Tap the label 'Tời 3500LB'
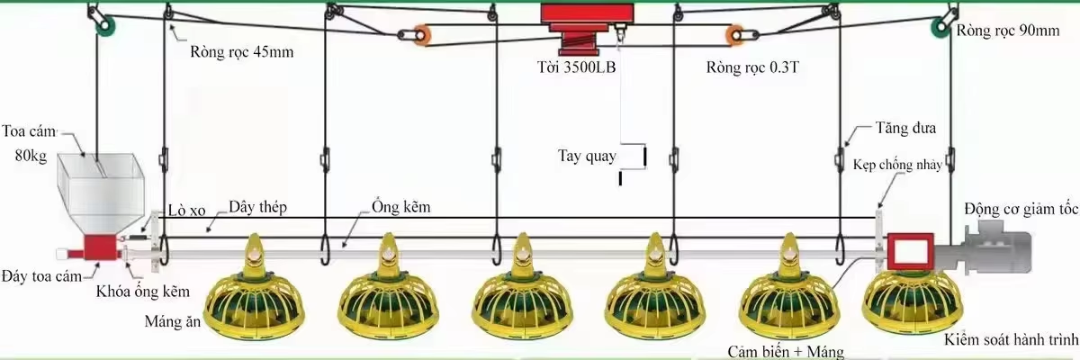click(x=576, y=67)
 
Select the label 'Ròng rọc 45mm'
click(x=241, y=51)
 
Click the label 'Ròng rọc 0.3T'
click(x=752, y=67)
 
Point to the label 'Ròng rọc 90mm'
click(x=1008, y=31)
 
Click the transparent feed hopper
click(x=101, y=193)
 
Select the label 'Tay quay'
click(x=587, y=156)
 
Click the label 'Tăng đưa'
click(x=905, y=128)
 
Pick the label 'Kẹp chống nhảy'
click(x=897, y=165)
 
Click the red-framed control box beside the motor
click(x=910, y=252)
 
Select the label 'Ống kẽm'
click(x=401, y=207)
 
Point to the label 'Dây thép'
click(x=257, y=207)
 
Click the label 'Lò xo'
click(x=186, y=210)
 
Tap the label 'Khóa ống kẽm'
click(x=143, y=292)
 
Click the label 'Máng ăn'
click(x=173, y=321)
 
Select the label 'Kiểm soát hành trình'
click(x=1011, y=339)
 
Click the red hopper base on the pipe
click(x=101, y=249)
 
